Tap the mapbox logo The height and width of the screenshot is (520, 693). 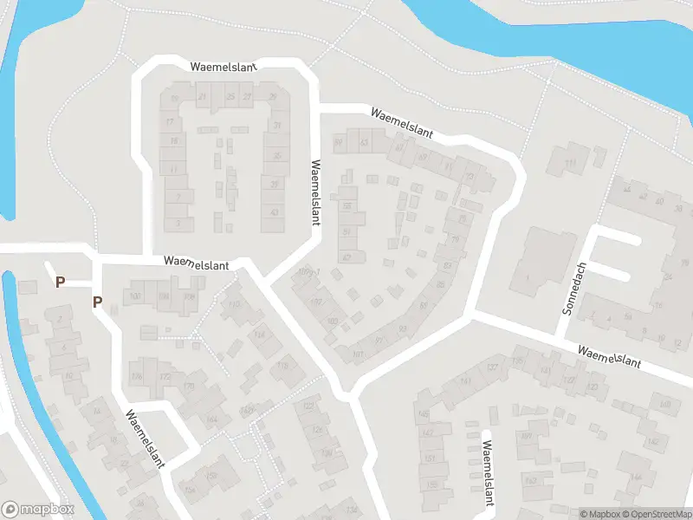(x=38, y=510)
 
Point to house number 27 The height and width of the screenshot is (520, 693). (x=248, y=95)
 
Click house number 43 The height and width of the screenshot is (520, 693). (x=275, y=212)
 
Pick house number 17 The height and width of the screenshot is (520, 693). (x=170, y=122)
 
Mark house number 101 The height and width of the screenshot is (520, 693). (x=358, y=354)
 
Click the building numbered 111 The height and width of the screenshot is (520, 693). (x=569, y=164)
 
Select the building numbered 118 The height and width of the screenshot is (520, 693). (x=282, y=367)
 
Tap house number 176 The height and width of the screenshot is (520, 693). (x=136, y=375)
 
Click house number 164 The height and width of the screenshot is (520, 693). (x=211, y=419)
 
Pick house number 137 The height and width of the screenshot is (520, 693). (x=492, y=368)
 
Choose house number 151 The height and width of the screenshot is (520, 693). (x=429, y=458)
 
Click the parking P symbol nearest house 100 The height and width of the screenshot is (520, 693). (x=98, y=302)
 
